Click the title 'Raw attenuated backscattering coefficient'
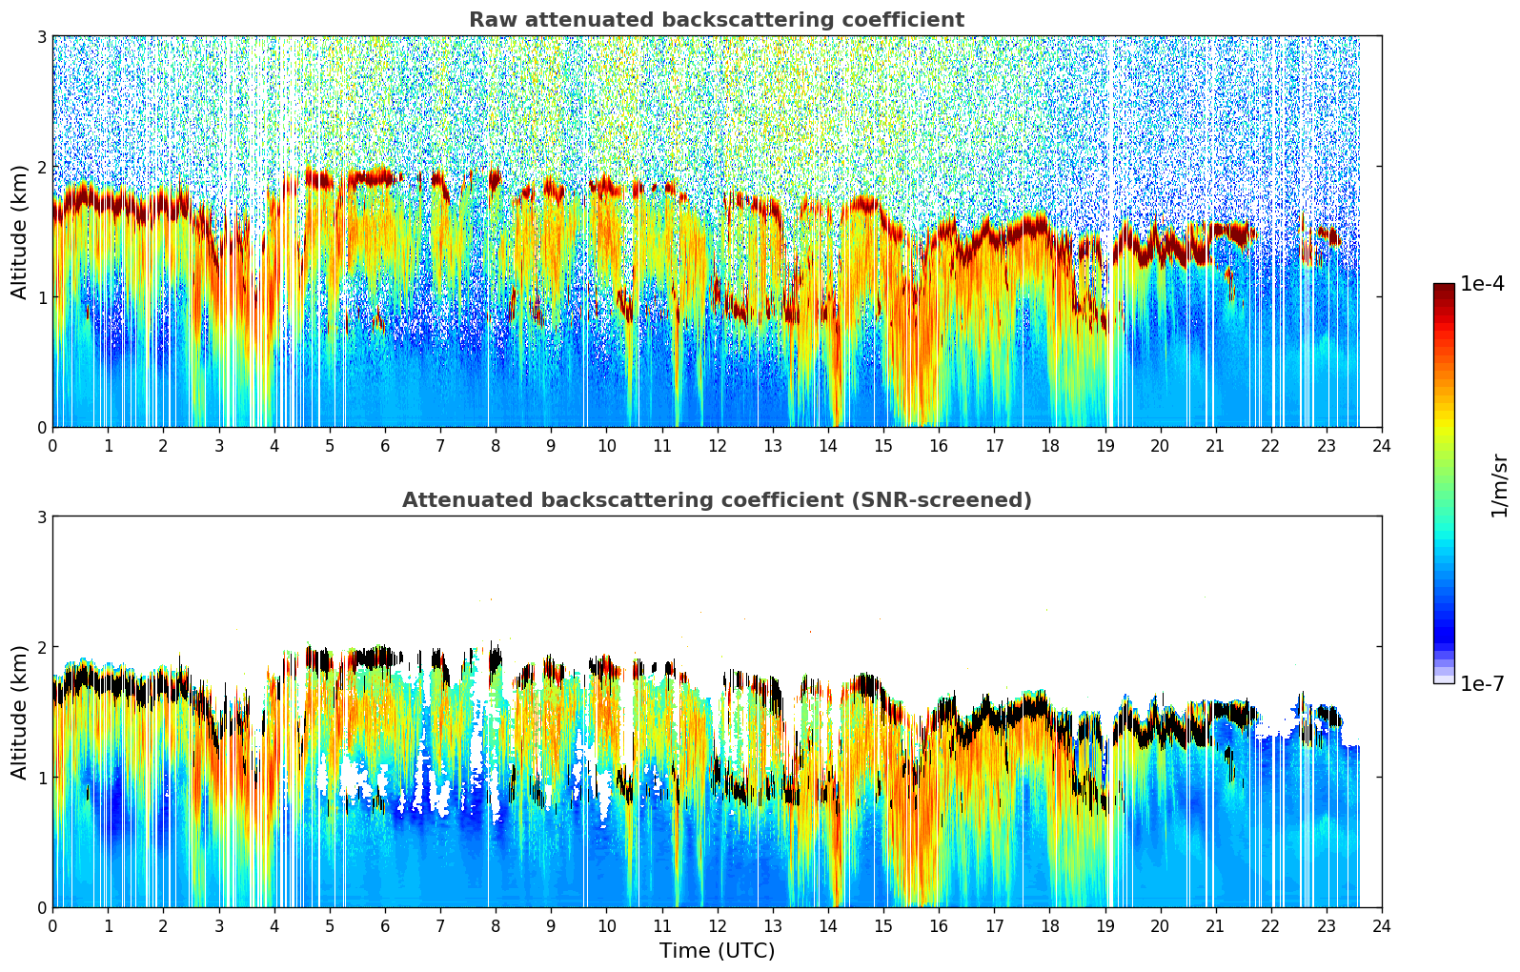pos(717,20)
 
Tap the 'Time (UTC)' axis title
pos(717,951)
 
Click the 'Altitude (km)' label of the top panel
pos(20,232)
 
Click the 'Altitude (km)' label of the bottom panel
pos(20,712)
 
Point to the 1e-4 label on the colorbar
pos(1482,284)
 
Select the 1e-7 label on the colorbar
pos(1482,683)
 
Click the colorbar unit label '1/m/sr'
pos(1499,484)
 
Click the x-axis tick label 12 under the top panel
pos(717,445)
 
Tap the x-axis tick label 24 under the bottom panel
pos(1382,925)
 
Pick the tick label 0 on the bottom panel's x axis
pos(52,925)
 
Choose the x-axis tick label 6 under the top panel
pos(385,445)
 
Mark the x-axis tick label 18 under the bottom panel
pos(1049,925)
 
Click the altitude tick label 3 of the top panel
pos(42,36)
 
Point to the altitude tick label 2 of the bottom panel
pos(42,647)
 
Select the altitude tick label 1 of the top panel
pos(42,297)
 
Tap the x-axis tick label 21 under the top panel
pos(1215,445)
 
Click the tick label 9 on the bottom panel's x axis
pos(551,925)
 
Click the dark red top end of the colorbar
pos(1444,288)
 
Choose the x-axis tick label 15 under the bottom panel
pos(883,925)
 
